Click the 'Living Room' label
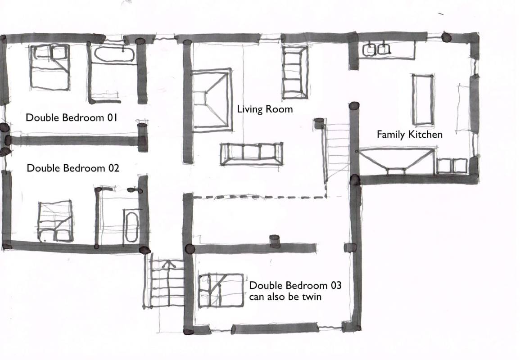[265, 109]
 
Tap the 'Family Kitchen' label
[410, 134]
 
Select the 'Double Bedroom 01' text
[71, 117]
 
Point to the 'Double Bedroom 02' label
[72, 168]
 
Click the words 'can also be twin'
[285, 297]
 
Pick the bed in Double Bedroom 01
[50, 67]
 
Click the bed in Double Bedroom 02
[55, 221]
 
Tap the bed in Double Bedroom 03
[221, 291]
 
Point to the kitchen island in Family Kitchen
[423, 100]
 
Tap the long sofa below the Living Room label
[252, 154]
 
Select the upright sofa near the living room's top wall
[295, 72]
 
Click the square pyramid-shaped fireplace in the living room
[211, 99]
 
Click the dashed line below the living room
[260, 197]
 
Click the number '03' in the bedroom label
[335, 285]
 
